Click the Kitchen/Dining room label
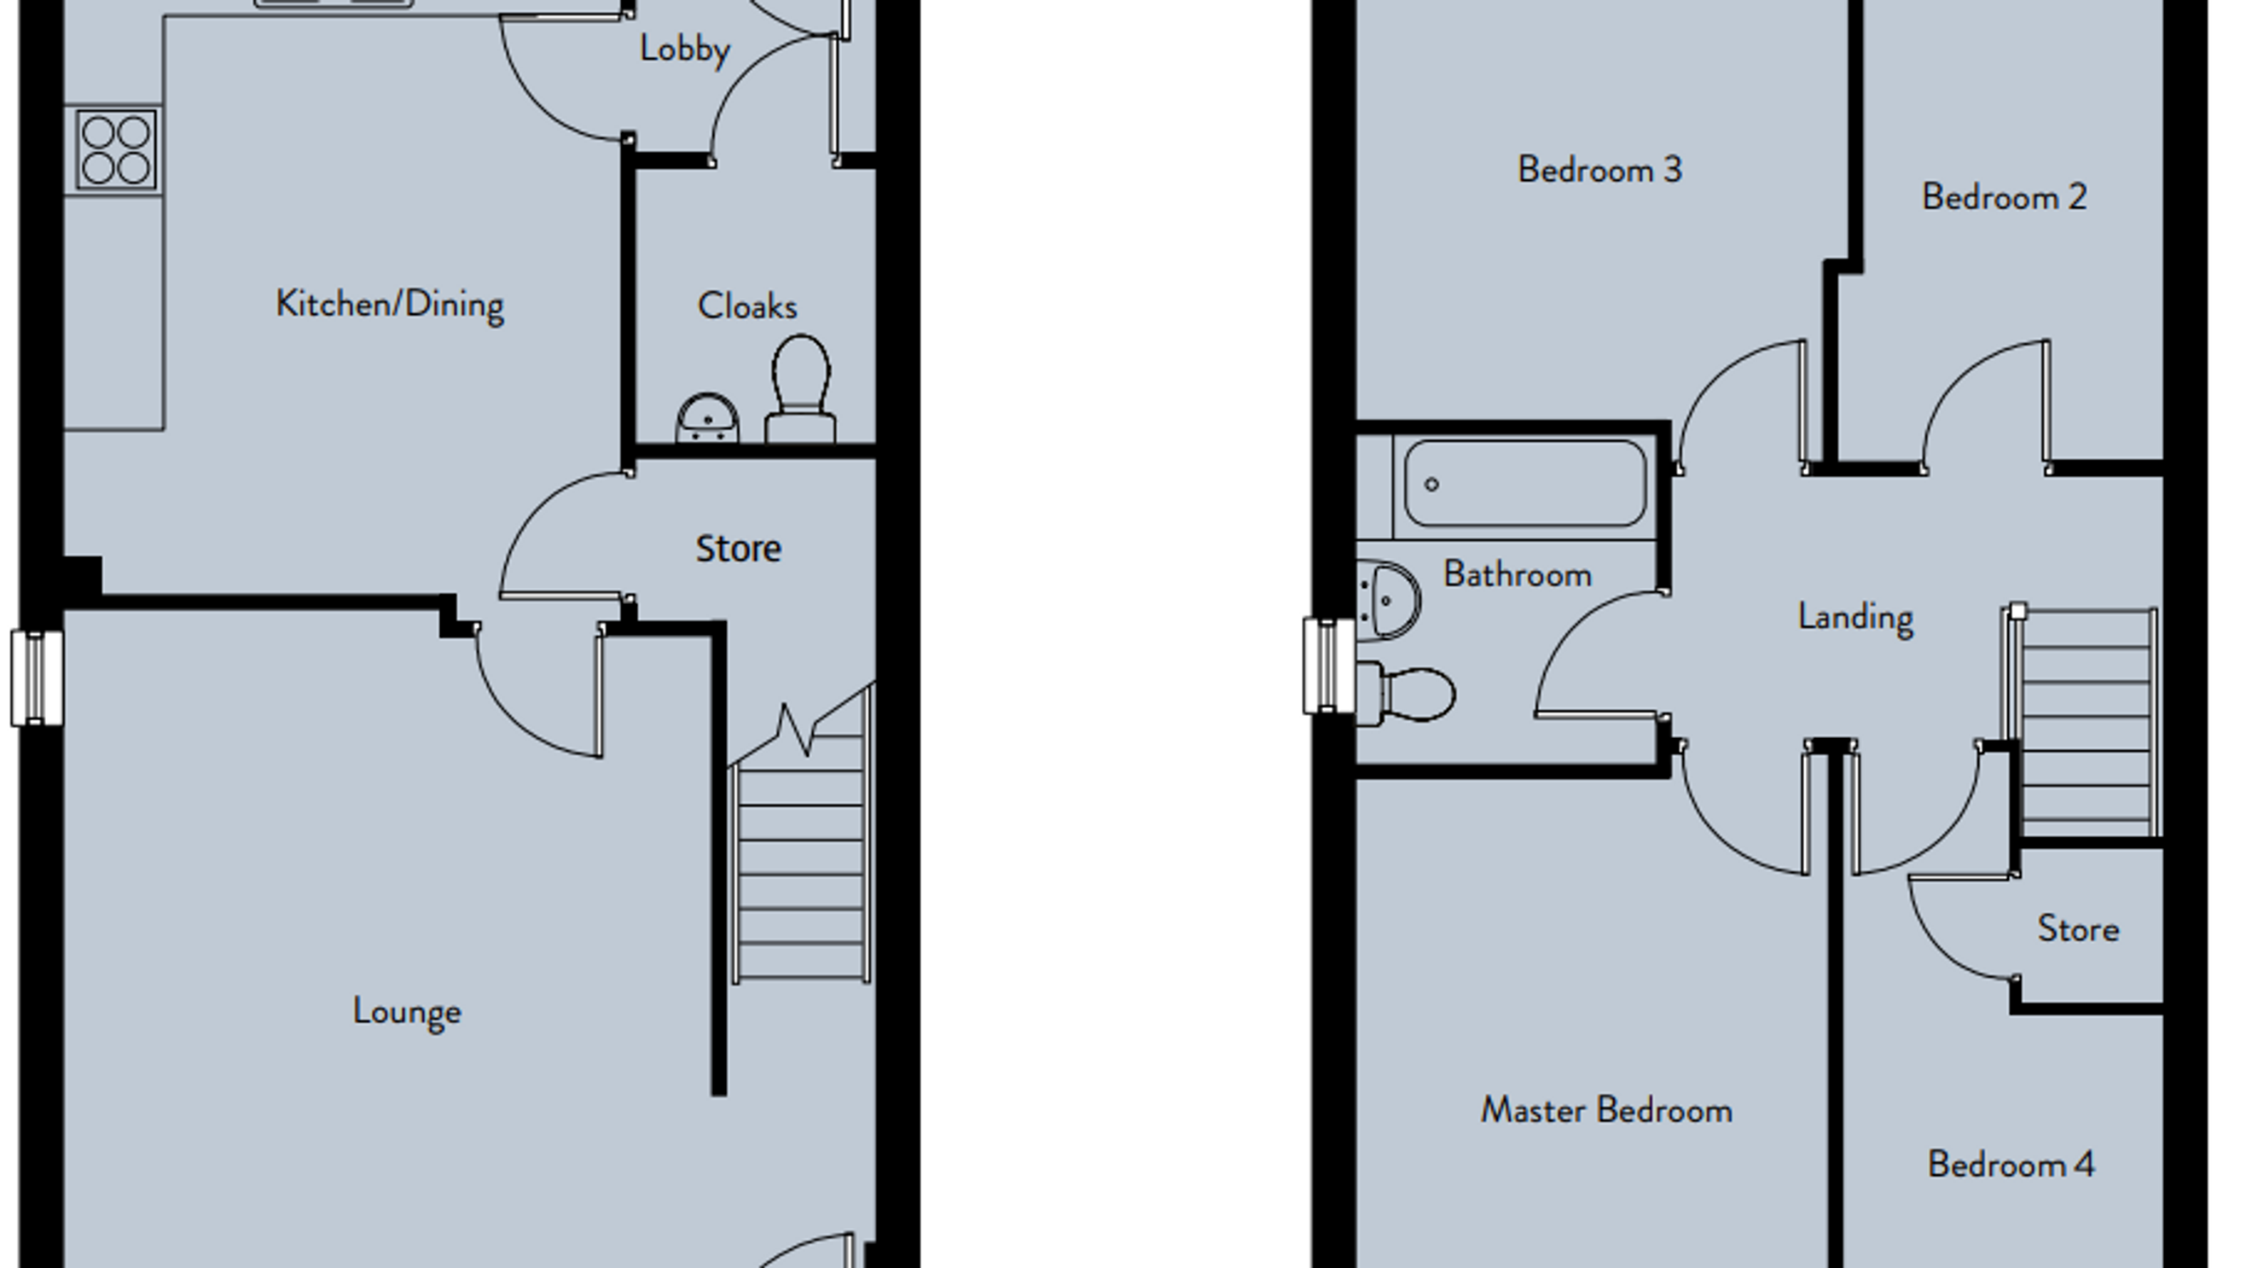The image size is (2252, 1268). pos(390,305)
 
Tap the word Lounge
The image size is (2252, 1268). pos(407,1012)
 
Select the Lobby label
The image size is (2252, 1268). pos(684,49)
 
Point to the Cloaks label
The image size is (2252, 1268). pos(747,307)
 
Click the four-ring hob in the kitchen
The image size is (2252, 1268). pos(116,149)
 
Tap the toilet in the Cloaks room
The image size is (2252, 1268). pos(801,388)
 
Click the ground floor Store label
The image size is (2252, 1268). pos(739,550)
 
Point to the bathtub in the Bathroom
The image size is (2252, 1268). pos(1524,484)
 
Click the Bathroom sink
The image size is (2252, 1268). pos(1389,600)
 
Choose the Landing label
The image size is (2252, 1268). pos(1856,618)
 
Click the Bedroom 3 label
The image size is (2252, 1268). pos(1599,170)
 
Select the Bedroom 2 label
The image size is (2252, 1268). pos(2005,198)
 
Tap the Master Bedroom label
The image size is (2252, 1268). pos(1607,1111)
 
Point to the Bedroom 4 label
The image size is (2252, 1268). pos(2011,1165)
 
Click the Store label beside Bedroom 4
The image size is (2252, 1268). pos(2079,928)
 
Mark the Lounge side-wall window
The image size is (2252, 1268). pos(37,678)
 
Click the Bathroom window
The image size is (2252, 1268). pos(1329,666)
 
